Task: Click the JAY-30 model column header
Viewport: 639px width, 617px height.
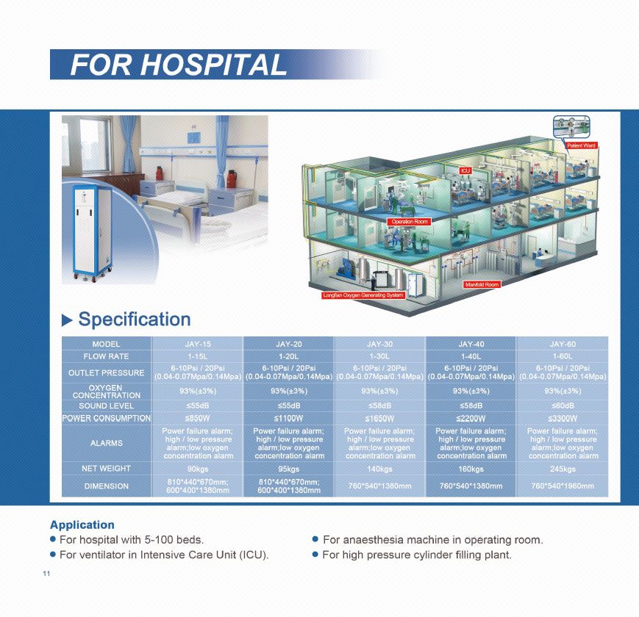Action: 380,344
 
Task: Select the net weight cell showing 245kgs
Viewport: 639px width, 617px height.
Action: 563,469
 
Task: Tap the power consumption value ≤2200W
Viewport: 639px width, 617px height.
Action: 471,419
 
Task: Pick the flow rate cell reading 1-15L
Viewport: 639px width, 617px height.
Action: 198,356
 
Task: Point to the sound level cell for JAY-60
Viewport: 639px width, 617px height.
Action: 563,405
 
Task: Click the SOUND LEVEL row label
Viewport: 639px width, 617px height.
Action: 107,405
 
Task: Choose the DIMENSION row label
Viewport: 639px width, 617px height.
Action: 107,486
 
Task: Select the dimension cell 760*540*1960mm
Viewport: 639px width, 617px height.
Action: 563,486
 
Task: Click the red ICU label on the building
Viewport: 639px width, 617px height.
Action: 465,170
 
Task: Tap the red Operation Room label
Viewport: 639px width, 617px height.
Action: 409,221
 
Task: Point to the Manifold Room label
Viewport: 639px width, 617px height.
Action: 482,284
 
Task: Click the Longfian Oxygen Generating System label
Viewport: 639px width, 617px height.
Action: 363,295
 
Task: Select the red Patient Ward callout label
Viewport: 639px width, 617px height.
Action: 581,145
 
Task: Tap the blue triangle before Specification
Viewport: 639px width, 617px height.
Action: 66,320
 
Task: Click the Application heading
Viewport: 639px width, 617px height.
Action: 82,524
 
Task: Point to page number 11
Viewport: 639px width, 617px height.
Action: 46,574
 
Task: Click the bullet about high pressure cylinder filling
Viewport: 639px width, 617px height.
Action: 413,555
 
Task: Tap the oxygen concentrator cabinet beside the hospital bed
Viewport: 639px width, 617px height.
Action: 93,233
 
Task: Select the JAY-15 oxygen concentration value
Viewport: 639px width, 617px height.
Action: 198,391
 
